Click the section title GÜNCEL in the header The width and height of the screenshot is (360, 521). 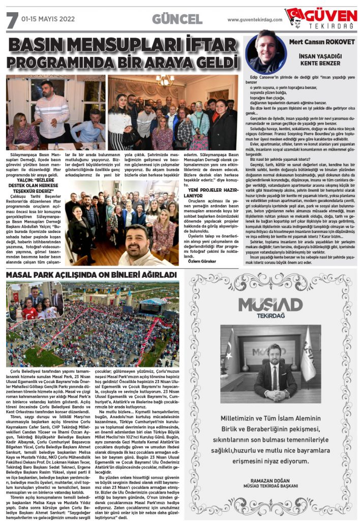177,20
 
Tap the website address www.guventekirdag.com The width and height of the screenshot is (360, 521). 255,20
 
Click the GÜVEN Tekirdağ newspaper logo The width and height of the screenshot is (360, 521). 321,18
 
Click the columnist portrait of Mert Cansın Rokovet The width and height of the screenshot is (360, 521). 263,51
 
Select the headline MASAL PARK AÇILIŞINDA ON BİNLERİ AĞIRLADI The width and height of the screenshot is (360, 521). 91,275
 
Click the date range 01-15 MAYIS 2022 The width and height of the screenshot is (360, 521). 48,20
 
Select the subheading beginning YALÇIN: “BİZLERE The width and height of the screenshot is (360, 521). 31,182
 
